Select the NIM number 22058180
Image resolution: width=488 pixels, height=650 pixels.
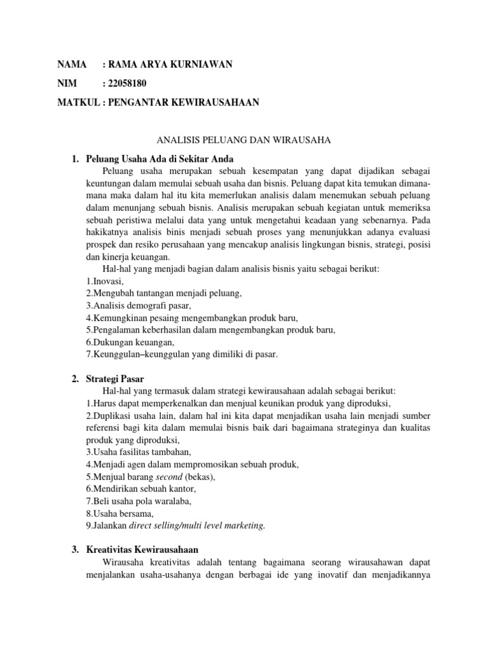[x=130, y=84]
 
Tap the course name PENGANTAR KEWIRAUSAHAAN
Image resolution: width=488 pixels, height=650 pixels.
[x=184, y=103]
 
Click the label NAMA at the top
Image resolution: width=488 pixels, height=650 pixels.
[x=72, y=64]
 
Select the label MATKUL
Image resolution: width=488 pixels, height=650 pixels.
[x=79, y=103]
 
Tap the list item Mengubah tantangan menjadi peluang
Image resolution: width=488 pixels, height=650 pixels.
[x=164, y=293]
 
